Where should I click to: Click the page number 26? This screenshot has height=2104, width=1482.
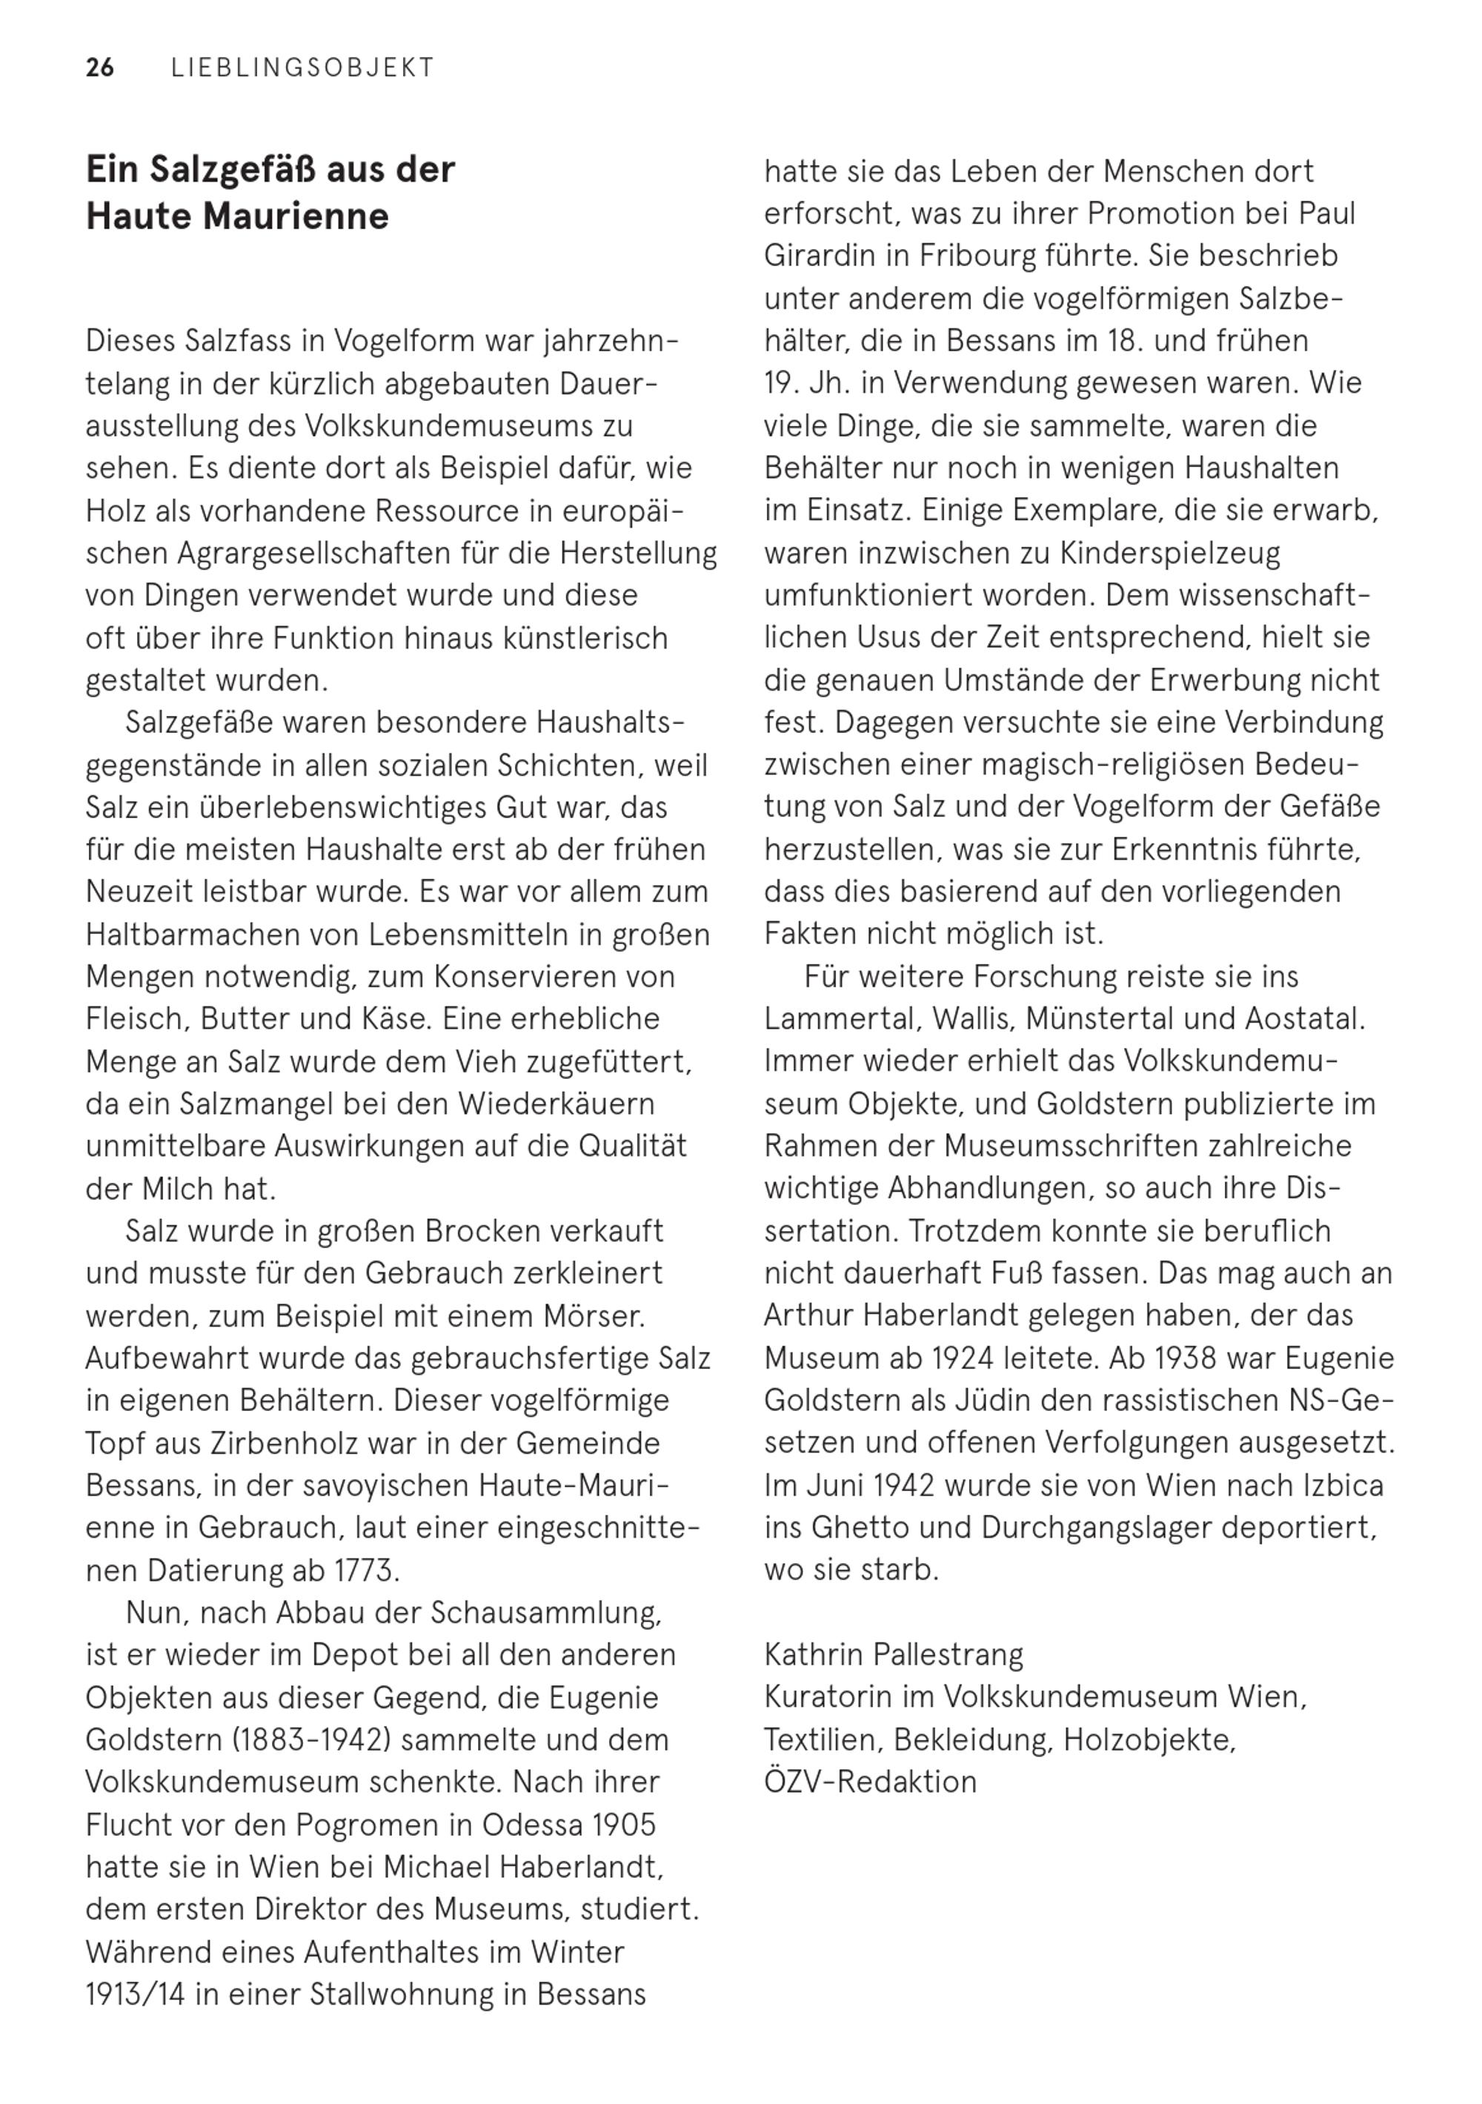(100, 68)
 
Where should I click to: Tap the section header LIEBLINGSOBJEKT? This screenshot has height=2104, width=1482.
(302, 68)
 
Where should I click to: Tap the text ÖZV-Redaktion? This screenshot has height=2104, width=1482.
(870, 1782)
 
